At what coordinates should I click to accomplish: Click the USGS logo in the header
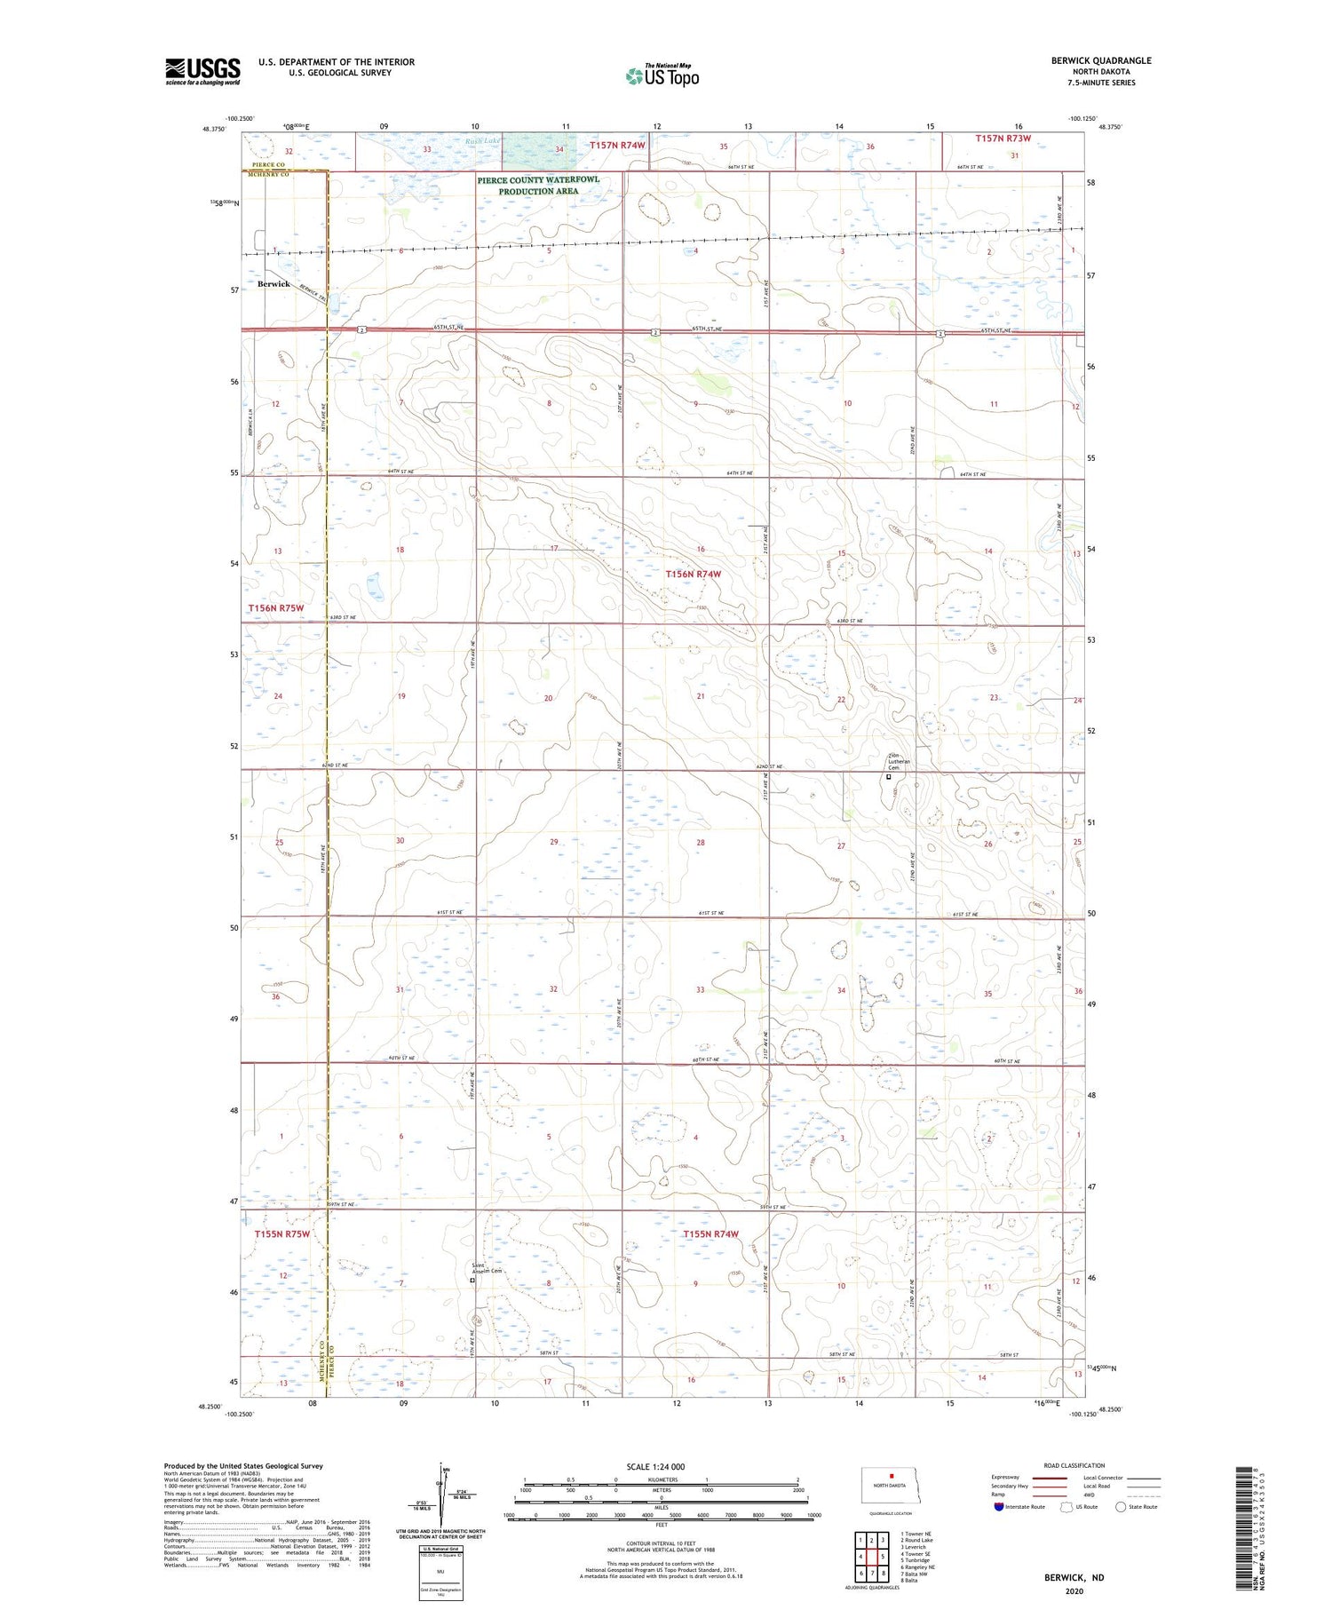click(x=202, y=71)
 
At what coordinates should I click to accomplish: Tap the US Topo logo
click(x=662, y=75)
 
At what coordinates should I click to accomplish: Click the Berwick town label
click(x=274, y=284)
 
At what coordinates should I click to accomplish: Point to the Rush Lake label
click(x=483, y=141)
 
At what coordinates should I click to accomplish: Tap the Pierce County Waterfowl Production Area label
click(x=538, y=185)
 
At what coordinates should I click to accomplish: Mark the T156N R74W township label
click(x=694, y=575)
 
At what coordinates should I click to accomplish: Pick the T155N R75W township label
click(x=282, y=1234)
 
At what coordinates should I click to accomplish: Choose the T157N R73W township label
click(x=1003, y=139)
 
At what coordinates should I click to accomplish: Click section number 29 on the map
click(x=554, y=842)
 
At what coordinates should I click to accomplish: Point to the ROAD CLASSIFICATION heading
click(x=1074, y=1465)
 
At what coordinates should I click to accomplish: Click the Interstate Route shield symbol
click(x=999, y=1507)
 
